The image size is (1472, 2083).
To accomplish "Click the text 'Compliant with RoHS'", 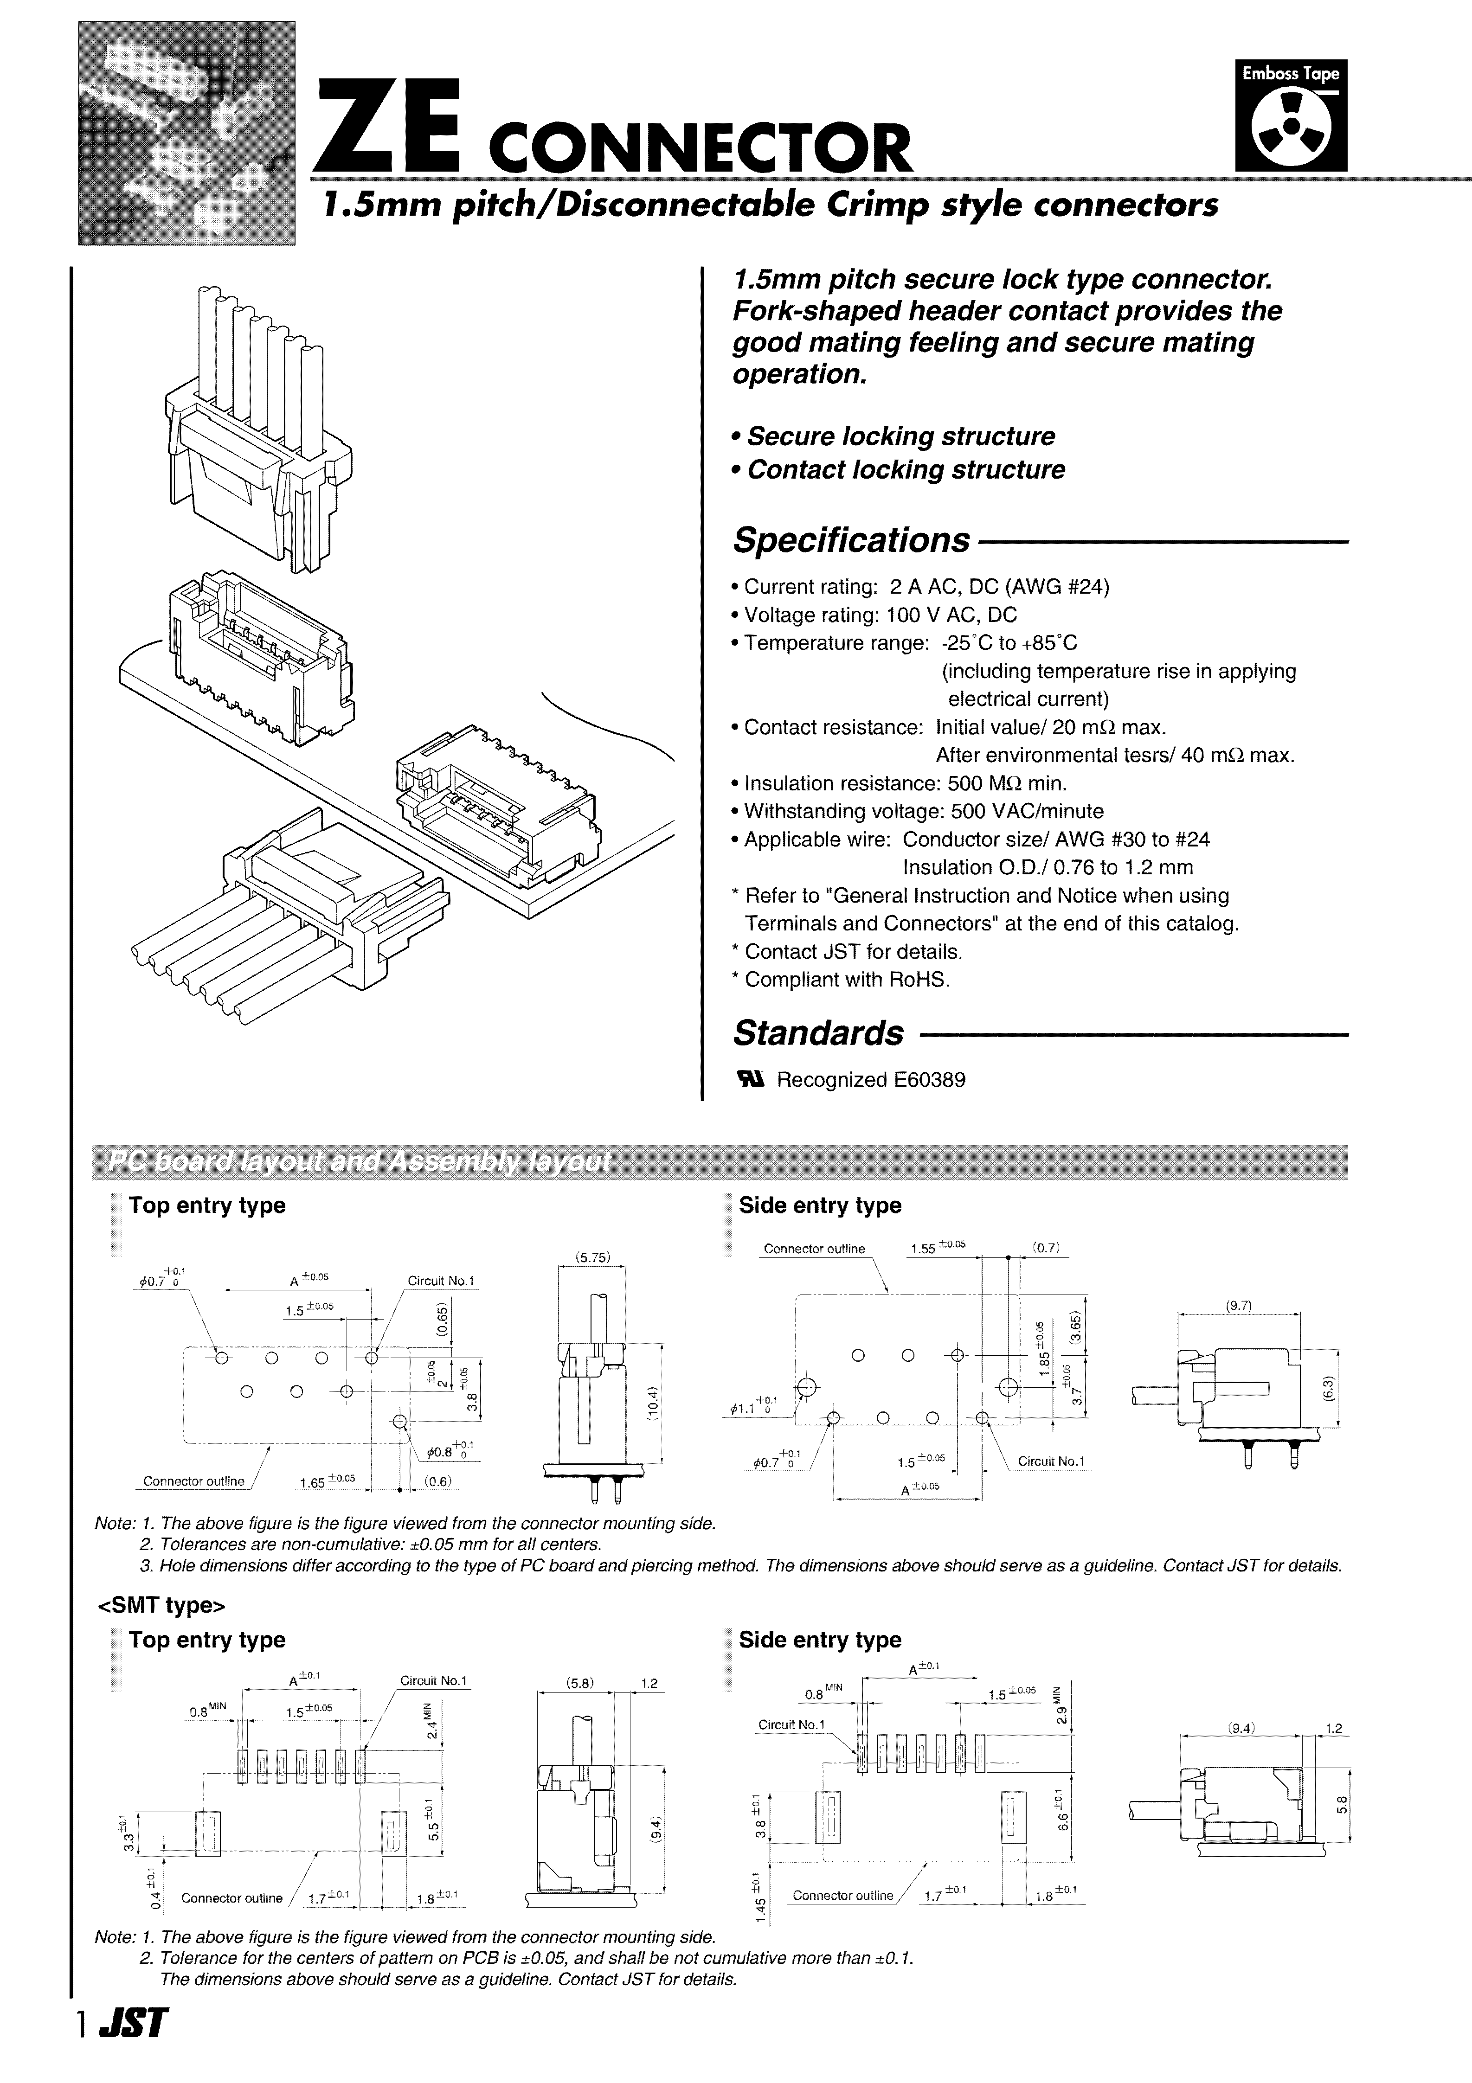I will [x=846, y=980].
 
